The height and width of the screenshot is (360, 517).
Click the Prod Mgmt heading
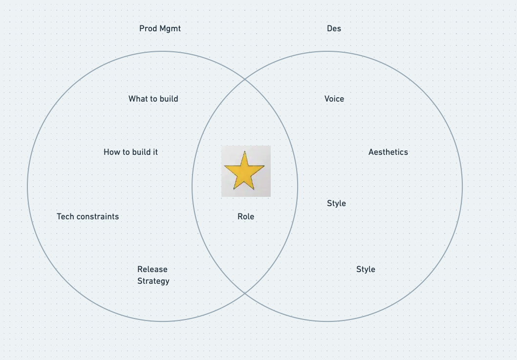click(x=160, y=28)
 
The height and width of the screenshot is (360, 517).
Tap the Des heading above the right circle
click(x=334, y=28)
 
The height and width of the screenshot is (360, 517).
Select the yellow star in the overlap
click(x=244, y=171)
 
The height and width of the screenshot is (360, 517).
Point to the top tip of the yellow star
click(x=244, y=152)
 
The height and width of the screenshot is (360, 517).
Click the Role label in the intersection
click(x=246, y=216)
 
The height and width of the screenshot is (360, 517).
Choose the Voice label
click(x=334, y=99)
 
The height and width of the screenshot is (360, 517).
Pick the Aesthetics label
click(x=388, y=152)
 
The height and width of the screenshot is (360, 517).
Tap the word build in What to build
click(x=169, y=99)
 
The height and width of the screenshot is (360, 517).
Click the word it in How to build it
click(x=155, y=152)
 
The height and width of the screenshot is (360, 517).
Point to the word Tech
click(x=65, y=216)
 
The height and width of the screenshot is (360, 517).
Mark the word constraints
click(x=98, y=216)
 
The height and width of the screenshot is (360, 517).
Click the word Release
click(x=152, y=269)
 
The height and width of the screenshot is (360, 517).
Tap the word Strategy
click(x=153, y=281)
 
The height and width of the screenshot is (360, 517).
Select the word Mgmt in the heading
click(x=170, y=28)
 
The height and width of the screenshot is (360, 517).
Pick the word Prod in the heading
click(x=148, y=28)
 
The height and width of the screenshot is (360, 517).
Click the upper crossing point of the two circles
click(x=244, y=80)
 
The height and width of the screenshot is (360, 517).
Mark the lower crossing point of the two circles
click(x=244, y=293)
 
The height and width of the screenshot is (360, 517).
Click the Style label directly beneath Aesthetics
click(x=336, y=203)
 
